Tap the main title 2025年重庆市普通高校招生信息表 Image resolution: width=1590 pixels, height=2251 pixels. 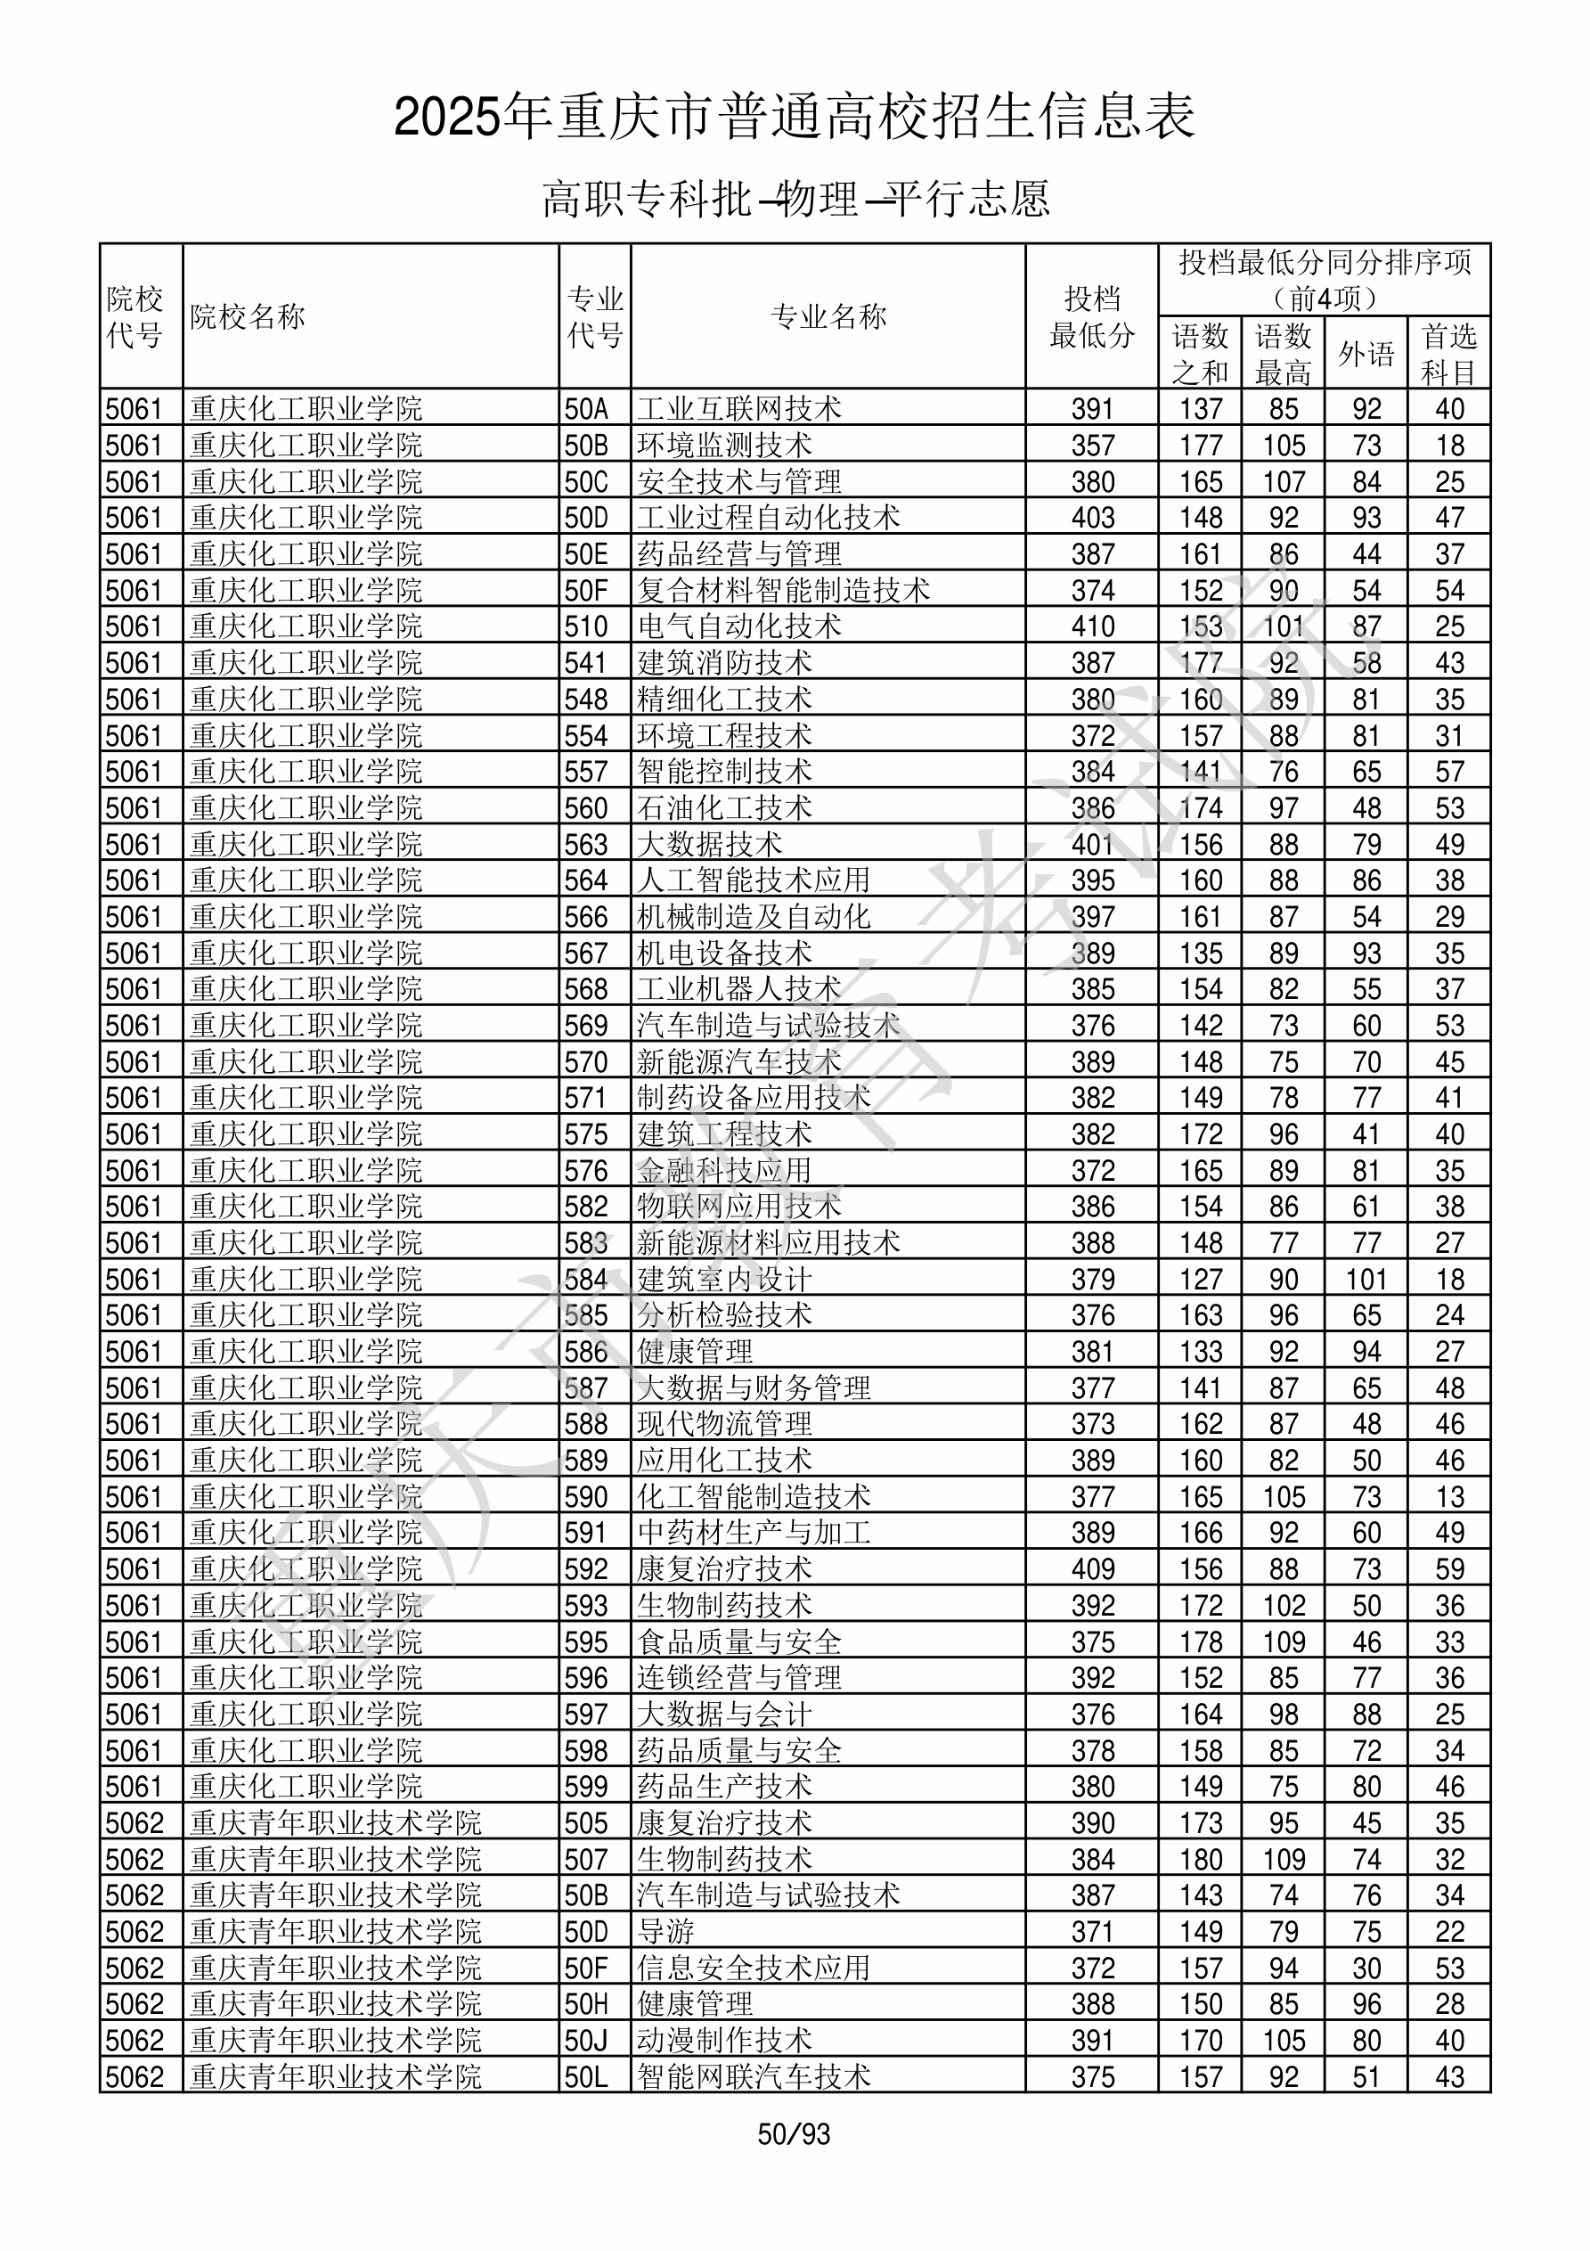click(x=794, y=118)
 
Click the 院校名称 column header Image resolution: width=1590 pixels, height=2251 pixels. click(x=248, y=316)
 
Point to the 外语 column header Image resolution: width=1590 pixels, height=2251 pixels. click(x=1366, y=353)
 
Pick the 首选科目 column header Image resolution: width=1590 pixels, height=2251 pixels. click(x=1449, y=353)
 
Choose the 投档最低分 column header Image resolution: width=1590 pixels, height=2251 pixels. click(x=1091, y=316)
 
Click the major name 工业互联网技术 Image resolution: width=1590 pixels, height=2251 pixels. click(x=738, y=409)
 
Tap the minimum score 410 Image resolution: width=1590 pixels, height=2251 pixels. click(x=1092, y=626)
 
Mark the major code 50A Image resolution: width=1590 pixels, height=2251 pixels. click(x=586, y=409)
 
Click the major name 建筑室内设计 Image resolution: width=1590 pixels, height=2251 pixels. click(x=723, y=1280)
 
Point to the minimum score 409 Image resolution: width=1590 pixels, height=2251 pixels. click(x=1092, y=1569)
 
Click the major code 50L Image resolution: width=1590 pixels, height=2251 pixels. click(x=586, y=2077)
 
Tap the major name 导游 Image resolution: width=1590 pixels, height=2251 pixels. click(x=665, y=1932)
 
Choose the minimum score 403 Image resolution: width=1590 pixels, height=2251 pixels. click(x=1092, y=518)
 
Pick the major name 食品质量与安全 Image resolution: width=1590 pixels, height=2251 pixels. click(x=738, y=1642)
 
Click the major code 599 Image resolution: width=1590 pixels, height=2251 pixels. click(x=586, y=1788)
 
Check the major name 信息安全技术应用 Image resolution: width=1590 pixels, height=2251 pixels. click(x=753, y=1969)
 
